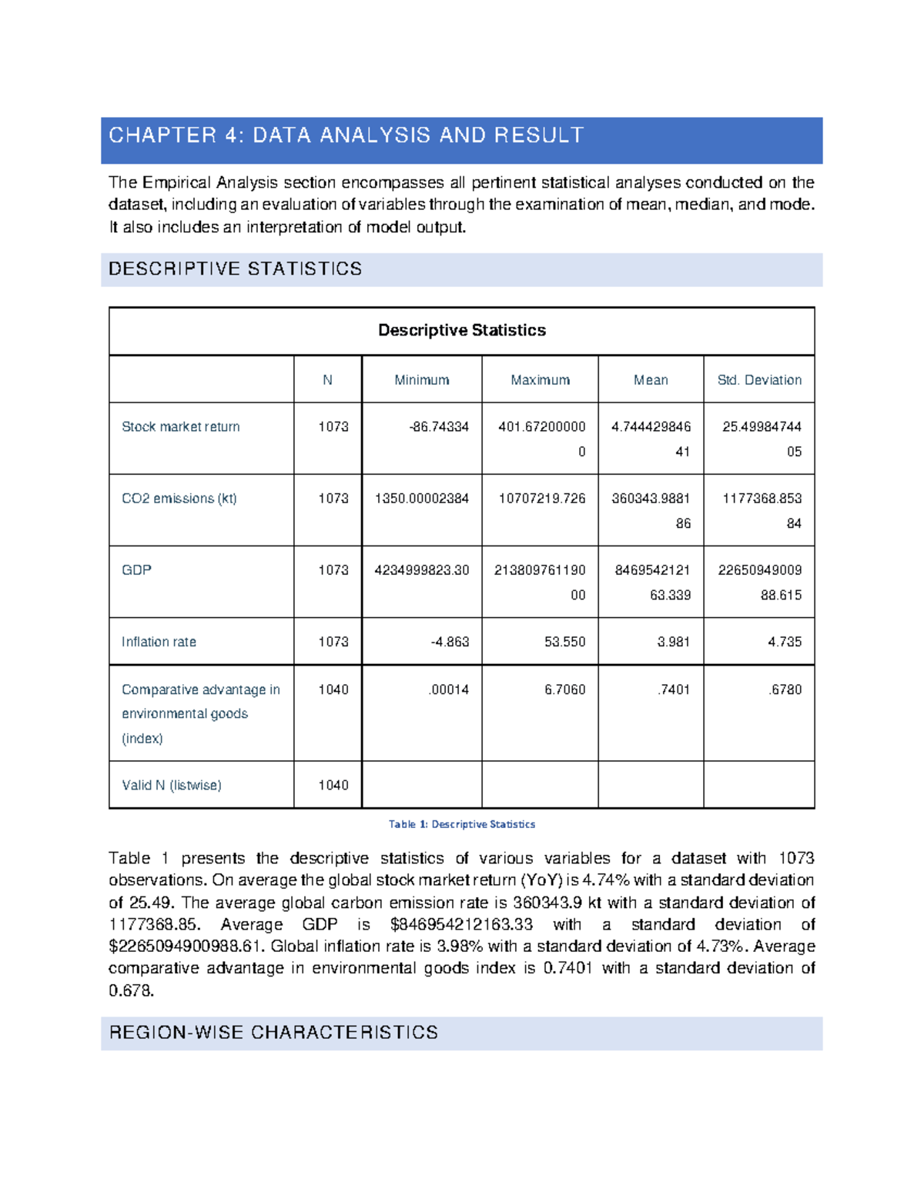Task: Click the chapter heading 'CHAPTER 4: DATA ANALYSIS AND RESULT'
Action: [346, 136]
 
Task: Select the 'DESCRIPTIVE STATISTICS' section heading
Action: [235, 269]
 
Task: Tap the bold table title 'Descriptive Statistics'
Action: [461, 330]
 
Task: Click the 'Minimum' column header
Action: [421, 380]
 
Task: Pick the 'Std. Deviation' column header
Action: [758, 380]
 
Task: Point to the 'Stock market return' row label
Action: [180, 427]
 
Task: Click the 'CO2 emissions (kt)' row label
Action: [179, 499]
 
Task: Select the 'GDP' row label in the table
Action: [136, 570]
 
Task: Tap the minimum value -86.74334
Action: [439, 427]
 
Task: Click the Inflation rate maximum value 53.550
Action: [564, 642]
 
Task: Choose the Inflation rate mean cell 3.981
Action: [673, 642]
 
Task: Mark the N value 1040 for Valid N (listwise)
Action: [333, 785]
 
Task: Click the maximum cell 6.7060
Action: [564, 689]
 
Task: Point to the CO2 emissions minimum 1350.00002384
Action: [421, 499]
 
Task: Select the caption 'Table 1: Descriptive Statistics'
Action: [461, 824]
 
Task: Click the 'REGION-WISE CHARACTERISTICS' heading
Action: [273, 1033]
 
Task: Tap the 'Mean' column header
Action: [651, 380]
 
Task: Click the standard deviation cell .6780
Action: [785, 689]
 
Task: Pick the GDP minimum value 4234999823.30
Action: [421, 570]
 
